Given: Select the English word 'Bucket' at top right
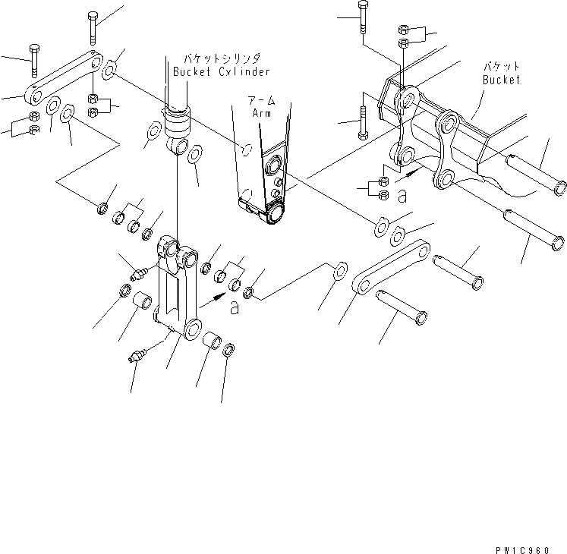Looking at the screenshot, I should pyautogui.click(x=502, y=79).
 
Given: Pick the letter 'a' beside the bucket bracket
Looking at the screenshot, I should pyautogui.click(x=402, y=195).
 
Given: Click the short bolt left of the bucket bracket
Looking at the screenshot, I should pyautogui.click(x=362, y=120).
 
